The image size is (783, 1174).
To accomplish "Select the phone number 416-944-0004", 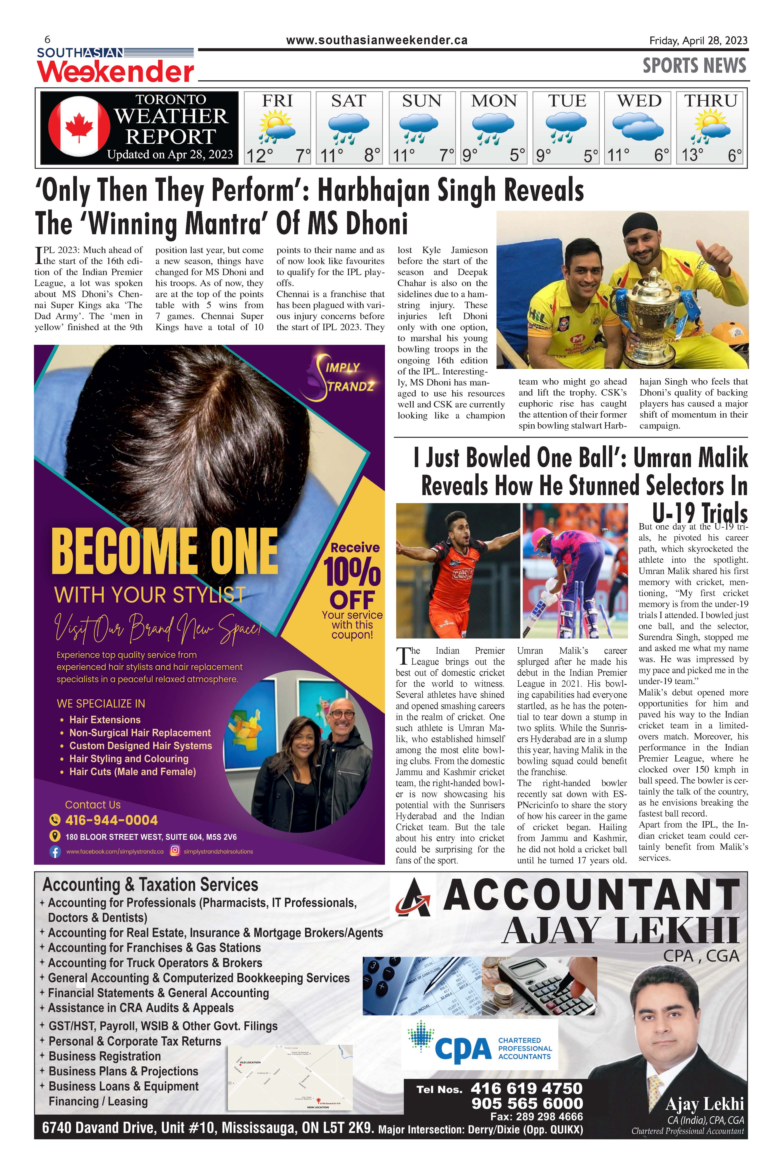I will click(x=111, y=820).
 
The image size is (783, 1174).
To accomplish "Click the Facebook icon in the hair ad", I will click(x=55, y=852).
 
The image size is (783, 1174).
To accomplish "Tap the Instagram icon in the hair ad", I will click(x=175, y=851).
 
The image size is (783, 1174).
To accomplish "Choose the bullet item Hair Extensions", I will click(x=105, y=720).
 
